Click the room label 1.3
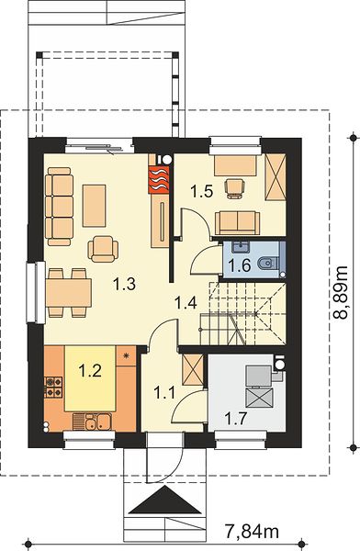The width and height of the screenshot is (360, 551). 124,283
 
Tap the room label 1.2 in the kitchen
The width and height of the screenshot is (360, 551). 90,370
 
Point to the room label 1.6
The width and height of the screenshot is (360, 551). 240,265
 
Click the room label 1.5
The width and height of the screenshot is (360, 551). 202,192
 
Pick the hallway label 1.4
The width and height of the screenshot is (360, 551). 186,302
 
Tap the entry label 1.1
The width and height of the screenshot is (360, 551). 164,392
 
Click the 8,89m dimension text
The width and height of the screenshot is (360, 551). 341,292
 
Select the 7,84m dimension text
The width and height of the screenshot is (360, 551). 252,532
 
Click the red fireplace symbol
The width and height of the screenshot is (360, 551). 159,180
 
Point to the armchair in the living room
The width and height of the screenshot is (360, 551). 103,249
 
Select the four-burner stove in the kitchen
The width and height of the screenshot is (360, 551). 53,387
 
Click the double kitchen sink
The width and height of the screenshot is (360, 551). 93,422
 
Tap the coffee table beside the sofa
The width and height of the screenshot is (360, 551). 94,206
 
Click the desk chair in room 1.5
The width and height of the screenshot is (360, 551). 235,188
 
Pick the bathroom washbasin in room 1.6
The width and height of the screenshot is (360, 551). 241,247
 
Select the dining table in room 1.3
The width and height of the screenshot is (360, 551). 69,293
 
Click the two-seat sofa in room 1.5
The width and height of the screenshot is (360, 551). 238,223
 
